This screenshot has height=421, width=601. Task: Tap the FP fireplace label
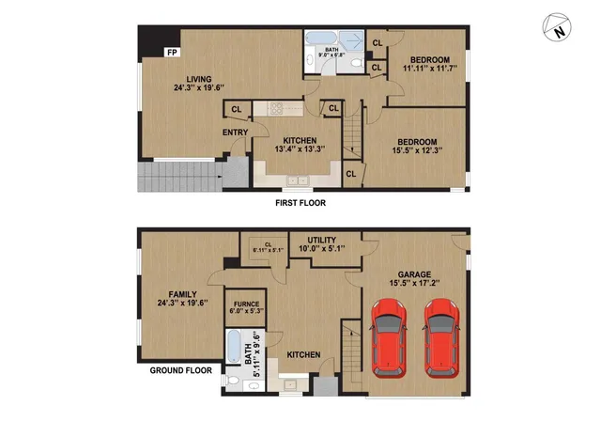click(172, 52)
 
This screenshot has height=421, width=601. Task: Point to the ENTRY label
click(235, 133)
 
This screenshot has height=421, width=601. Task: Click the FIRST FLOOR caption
click(300, 203)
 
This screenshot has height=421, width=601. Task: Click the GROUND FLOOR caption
click(181, 370)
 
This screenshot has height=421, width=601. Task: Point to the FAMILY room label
click(176, 297)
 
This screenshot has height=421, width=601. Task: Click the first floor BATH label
click(331, 52)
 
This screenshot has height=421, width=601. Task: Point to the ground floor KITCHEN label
click(304, 354)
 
